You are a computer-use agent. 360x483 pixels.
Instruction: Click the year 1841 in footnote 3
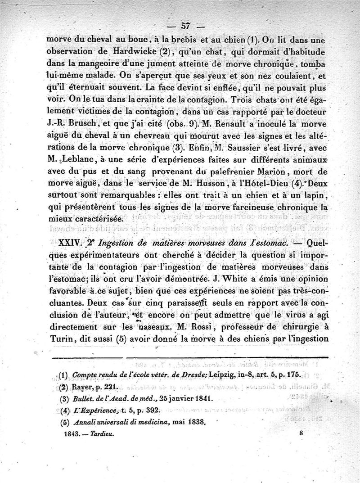pyautogui.click(x=199, y=399)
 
